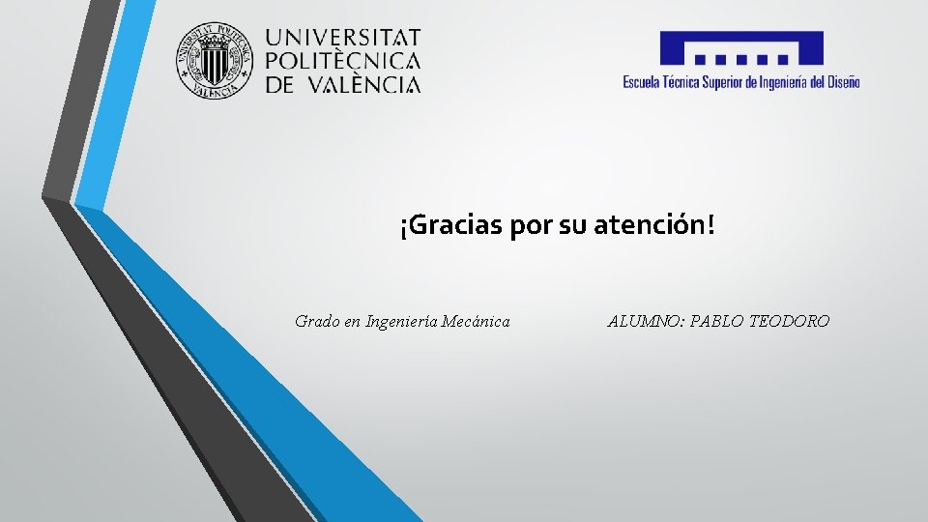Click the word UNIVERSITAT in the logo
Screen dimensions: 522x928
[x=343, y=38]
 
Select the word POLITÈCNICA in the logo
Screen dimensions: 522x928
[x=343, y=61]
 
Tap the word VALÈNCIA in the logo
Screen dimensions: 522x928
[x=363, y=84]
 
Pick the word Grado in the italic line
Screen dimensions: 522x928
[x=317, y=321]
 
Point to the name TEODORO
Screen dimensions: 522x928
[x=790, y=321]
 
